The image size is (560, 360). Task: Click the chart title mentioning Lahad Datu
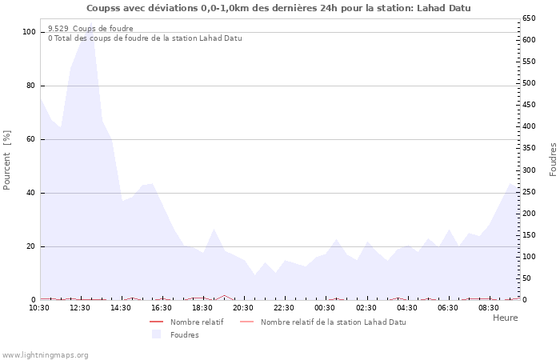pyautogui.click(x=278, y=8)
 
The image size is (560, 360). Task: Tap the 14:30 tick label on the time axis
pyautogui.click(x=121, y=308)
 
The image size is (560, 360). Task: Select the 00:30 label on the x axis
pyautogui.click(x=325, y=308)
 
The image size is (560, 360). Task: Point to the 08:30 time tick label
pyautogui.click(x=489, y=308)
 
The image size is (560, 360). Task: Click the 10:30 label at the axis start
pyautogui.click(x=39, y=308)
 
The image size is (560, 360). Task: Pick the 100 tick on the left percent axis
pyautogui.click(x=30, y=32)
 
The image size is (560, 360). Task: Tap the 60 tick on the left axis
pyautogui.click(x=32, y=139)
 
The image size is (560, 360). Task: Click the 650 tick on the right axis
pyautogui.click(x=529, y=18)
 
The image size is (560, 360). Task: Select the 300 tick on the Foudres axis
pyautogui.click(x=529, y=170)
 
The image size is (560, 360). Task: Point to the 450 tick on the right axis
pyautogui.click(x=529, y=105)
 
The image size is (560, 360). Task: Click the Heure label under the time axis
pyautogui.click(x=505, y=318)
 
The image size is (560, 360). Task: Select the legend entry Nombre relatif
pyautogui.click(x=197, y=322)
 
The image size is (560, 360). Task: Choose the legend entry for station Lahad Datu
pyautogui.click(x=333, y=322)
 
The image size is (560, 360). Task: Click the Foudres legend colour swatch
pyautogui.click(x=156, y=334)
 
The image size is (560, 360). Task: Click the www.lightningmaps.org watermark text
pyautogui.click(x=45, y=354)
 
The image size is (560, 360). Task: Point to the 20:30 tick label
pyautogui.click(x=243, y=308)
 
